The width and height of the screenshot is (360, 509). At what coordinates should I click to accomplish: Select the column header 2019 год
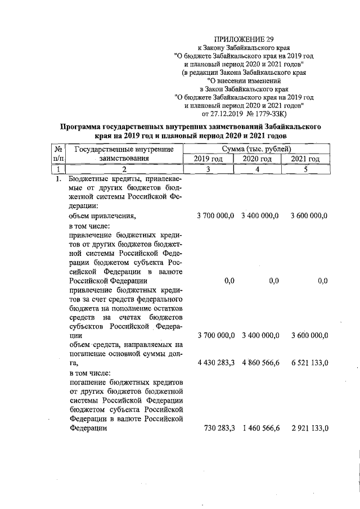(x=208, y=159)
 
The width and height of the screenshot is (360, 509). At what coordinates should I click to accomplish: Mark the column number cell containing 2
(x=124, y=169)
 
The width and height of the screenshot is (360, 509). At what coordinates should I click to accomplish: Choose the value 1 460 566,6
(x=260, y=428)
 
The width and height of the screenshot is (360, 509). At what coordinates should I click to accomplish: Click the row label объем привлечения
(x=102, y=216)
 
